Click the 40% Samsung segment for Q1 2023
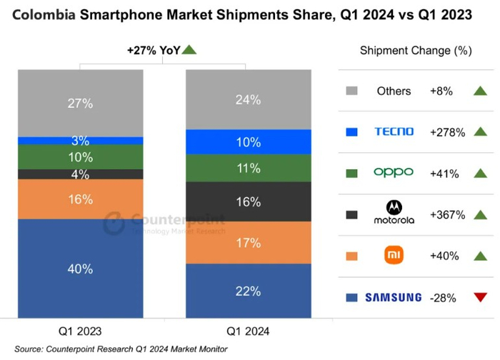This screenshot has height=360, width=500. point(81,269)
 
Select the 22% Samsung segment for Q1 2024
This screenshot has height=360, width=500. point(248,291)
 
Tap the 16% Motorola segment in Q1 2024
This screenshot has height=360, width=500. point(248,202)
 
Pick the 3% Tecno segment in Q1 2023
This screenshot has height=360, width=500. point(81,141)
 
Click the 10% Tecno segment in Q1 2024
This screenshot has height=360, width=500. point(248,142)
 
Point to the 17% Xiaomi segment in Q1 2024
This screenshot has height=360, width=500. point(248,243)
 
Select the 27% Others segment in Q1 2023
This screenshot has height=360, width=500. point(81,103)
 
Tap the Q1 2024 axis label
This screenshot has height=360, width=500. point(248,331)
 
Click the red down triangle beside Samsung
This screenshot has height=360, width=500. point(479,297)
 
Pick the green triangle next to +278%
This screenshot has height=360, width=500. point(479,131)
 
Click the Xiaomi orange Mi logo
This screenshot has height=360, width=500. point(394,255)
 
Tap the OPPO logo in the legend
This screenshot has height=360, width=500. point(394,173)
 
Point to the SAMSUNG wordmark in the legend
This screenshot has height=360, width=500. point(394,297)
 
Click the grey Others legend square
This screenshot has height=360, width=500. point(351,91)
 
